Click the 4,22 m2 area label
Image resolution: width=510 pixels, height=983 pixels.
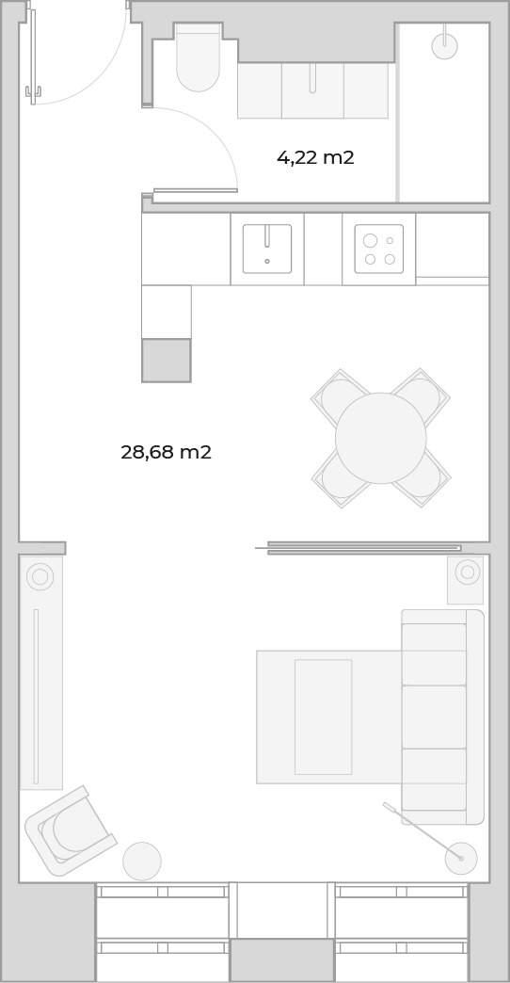point(315,157)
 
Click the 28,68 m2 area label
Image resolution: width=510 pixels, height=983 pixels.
point(166,452)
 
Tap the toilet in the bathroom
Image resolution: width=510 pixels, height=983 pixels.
point(198,57)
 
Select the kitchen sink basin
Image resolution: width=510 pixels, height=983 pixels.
point(267,249)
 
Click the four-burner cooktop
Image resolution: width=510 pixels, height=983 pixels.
point(379,249)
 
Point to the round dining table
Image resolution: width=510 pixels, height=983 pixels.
point(381,438)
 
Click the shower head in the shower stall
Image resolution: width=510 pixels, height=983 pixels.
point(445,46)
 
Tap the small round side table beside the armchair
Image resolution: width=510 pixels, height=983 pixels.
point(142,862)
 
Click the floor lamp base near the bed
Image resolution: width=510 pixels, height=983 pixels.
point(461,859)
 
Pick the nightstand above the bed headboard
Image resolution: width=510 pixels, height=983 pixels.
point(466,581)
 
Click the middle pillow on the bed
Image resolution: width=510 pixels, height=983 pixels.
point(434,717)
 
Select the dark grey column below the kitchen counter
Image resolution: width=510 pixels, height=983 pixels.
point(166,361)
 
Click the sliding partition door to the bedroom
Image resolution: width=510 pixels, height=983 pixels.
point(364,548)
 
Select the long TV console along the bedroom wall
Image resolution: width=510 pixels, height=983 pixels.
point(41,673)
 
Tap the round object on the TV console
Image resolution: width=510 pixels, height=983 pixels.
point(40,577)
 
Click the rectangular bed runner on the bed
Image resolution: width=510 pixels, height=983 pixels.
point(324,717)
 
